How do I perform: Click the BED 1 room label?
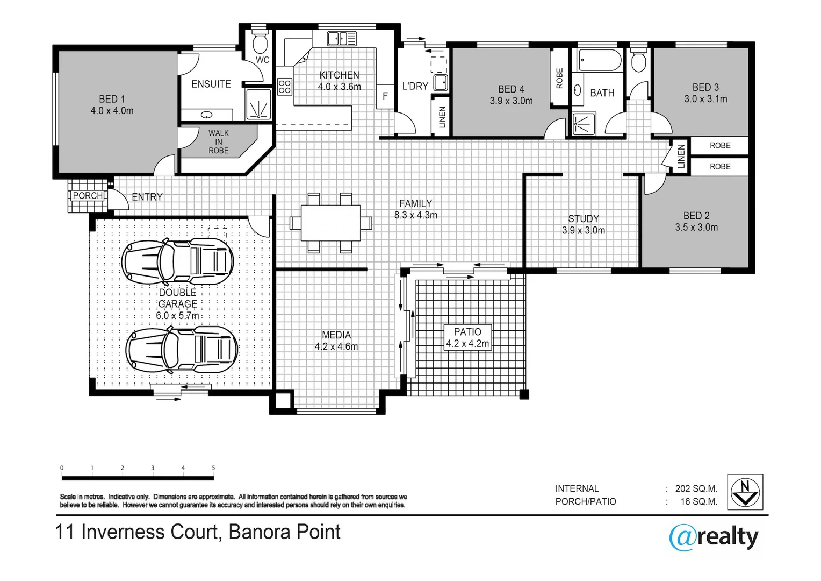coord(112,105)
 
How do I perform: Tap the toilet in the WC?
coord(261,41)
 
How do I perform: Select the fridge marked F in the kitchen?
coord(385,96)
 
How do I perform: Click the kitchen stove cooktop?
coord(284,87)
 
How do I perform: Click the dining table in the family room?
coord(330,223)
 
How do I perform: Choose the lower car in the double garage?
coord(181,350)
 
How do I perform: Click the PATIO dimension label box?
coord(467,337)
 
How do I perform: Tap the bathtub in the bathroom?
coord(600,60)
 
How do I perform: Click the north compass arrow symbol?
coord(745,492)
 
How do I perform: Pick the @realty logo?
coord(714,537)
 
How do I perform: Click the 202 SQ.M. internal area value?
coord(696,488)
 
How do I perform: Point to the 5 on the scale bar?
coord(213,468)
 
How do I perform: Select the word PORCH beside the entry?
coord(88,195)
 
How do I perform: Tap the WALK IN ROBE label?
coord(219,141)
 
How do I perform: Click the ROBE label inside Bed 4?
coord(559,78)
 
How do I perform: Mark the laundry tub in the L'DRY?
coord(440,83)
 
